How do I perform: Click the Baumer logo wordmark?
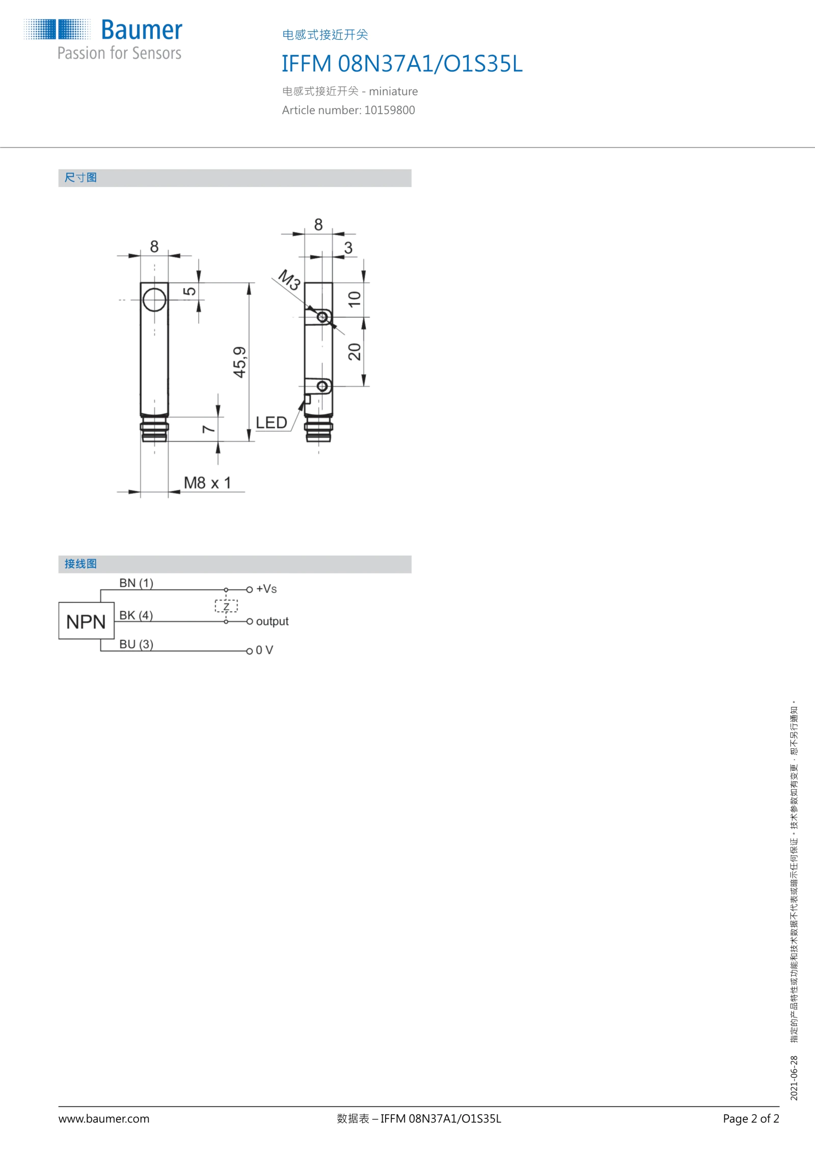click(142, 30)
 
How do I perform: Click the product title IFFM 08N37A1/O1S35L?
click(402, 64)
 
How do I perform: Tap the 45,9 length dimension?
click(239, 362)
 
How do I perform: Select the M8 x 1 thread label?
click(207, 482)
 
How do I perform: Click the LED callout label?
click(271, 423)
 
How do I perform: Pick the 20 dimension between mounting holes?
click(355, 352)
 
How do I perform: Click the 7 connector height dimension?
click(208, 429)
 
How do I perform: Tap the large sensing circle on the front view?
click(154, 300)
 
